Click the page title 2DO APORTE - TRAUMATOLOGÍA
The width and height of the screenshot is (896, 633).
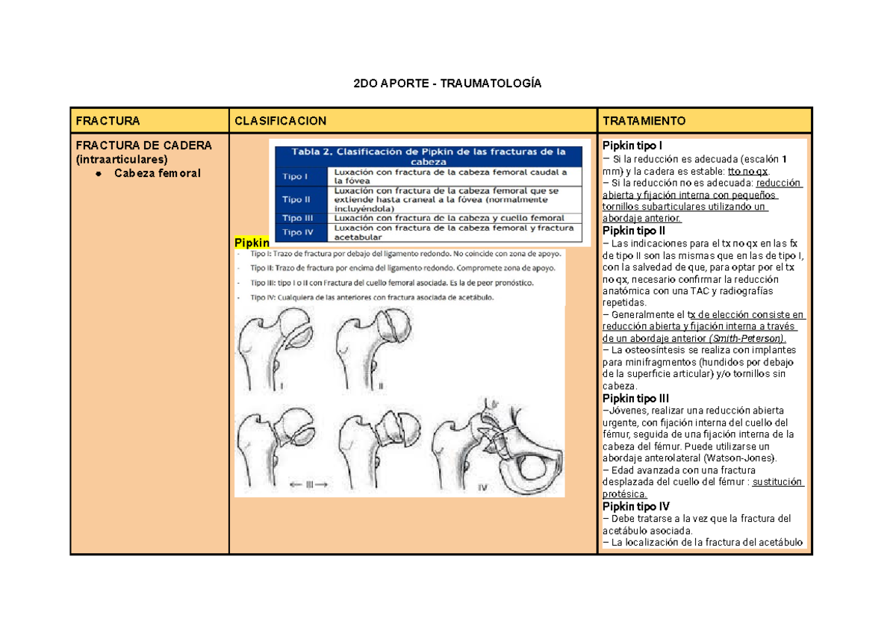tap(447, 84)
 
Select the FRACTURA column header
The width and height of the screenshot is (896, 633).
tap(105, 121)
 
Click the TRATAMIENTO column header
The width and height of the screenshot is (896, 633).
tap(644, 121)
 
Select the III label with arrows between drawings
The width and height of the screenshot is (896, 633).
tap(308, 484)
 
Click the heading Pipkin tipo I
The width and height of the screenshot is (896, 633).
tap(633, 146)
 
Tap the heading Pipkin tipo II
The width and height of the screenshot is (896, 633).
tap(635, 231)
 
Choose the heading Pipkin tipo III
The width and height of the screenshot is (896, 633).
tap(636, 399)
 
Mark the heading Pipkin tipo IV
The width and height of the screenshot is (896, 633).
tap(636, 506)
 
